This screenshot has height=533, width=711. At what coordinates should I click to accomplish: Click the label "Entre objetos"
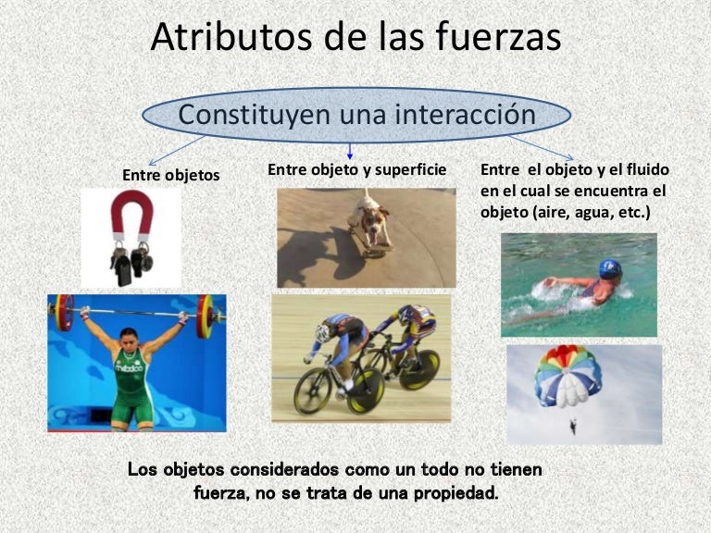[171, 174]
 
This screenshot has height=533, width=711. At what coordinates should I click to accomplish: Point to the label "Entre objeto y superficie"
[357, 169]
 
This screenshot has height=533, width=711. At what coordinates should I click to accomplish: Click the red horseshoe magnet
[131, 216]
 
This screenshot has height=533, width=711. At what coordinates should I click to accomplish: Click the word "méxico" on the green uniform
[130, 366]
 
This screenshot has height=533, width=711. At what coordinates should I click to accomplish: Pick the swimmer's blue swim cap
[609, 269]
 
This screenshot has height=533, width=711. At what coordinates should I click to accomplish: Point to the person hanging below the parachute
[572, 426]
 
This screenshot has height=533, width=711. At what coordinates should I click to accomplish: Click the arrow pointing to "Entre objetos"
[176, 149]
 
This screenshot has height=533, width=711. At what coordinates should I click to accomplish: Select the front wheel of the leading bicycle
[313, 391]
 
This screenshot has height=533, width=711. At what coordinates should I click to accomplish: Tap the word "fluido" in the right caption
[646, 171]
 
